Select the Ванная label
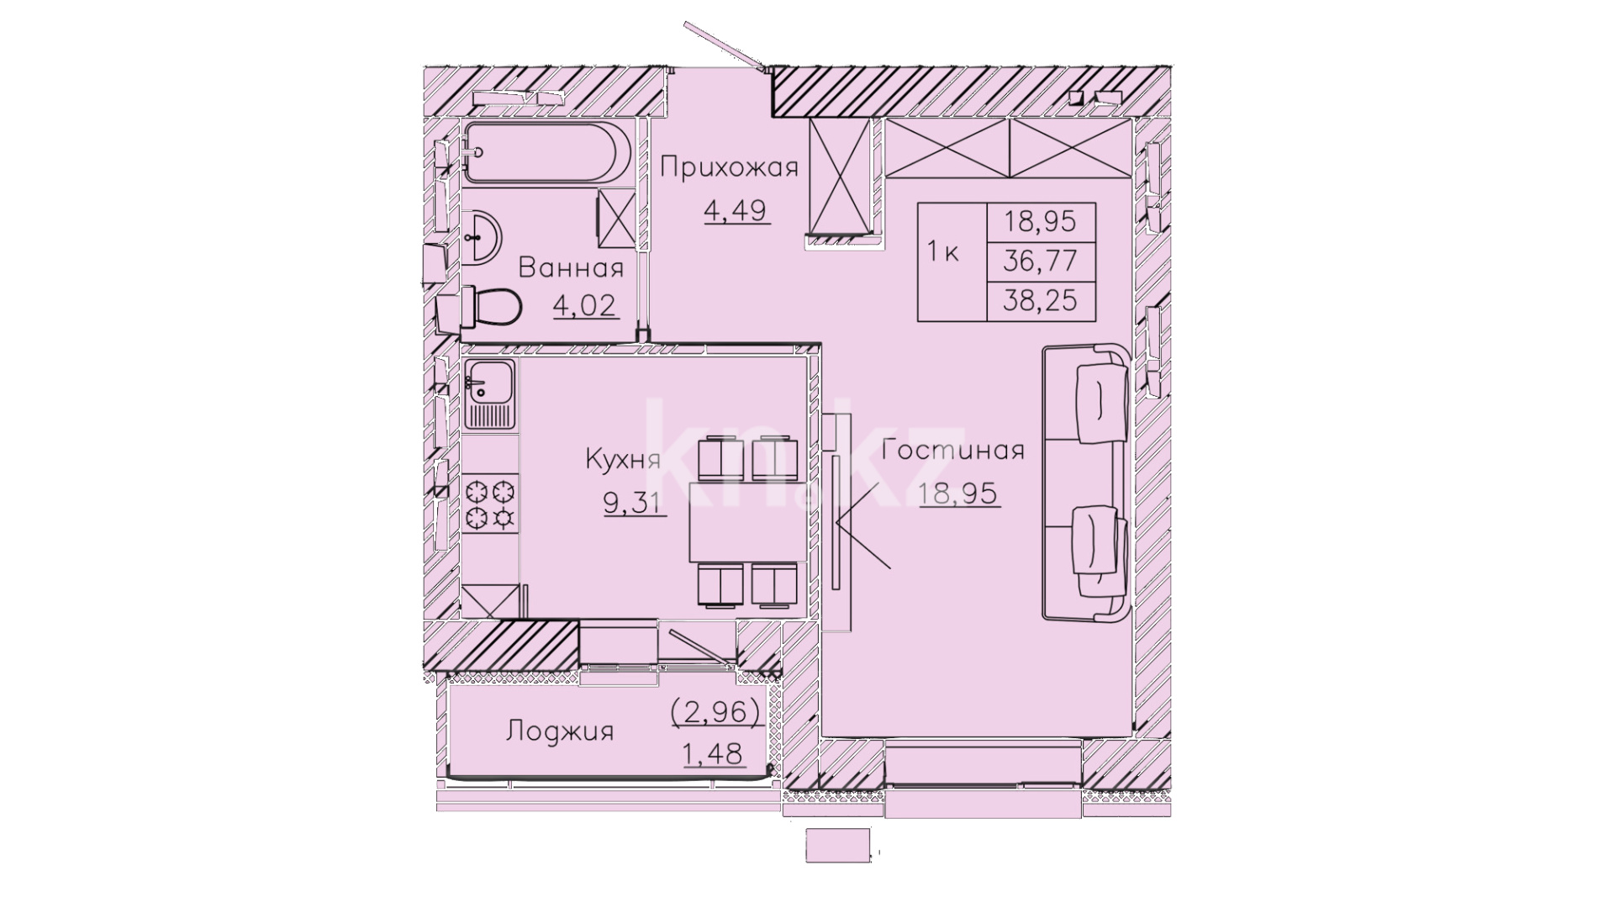point(571,269)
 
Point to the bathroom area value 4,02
point(585,305)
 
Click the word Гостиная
point(954,451)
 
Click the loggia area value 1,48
point(714,754)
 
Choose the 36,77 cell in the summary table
point(1040,261)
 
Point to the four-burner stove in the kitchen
point(490,504)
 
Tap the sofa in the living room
point(1084,483)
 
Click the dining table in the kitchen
point(743,522)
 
